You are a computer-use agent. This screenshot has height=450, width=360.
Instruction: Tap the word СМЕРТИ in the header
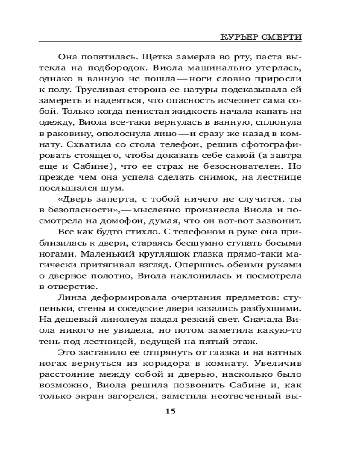[282, 36]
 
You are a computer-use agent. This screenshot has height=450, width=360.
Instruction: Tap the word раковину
[68, 134]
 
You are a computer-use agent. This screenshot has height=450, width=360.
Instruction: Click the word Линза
[73, 297]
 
